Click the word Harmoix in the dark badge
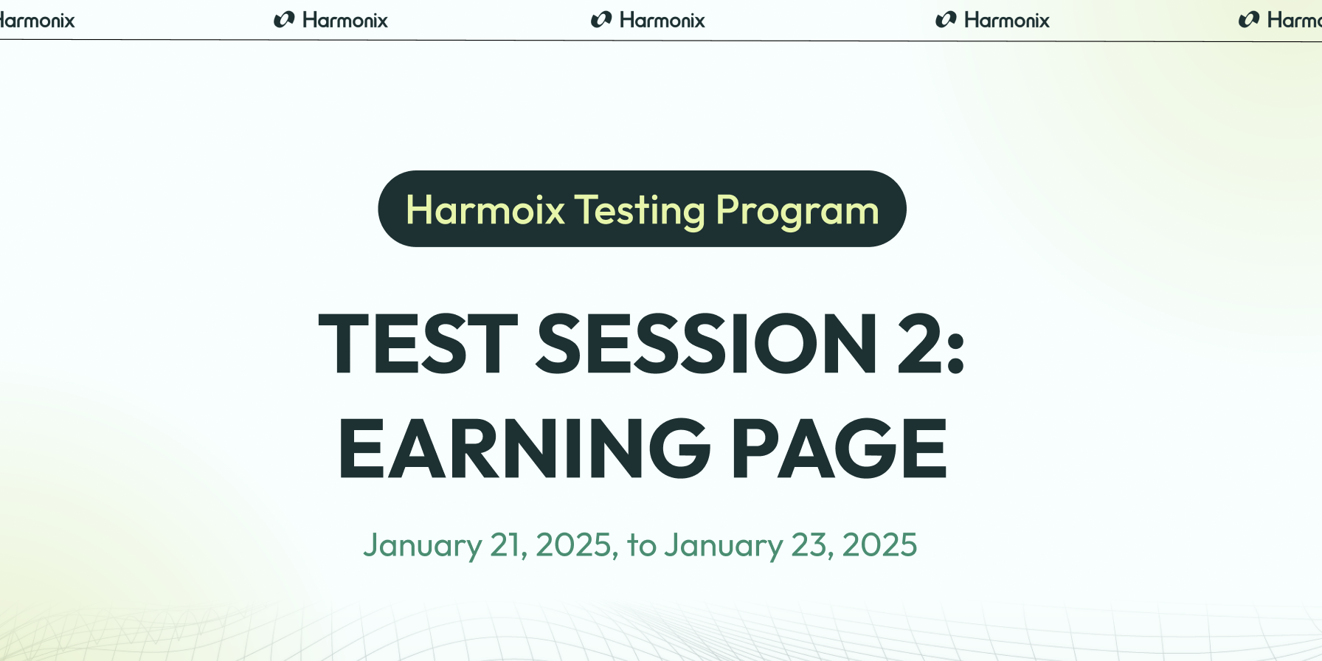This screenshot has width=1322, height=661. tap(485, 210)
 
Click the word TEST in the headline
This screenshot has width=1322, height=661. tap(418, 344)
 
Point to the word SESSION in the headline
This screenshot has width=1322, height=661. tap(707, 344)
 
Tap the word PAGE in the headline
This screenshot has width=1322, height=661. tap(839, 448)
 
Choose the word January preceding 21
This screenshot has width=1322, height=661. tap(422, 546)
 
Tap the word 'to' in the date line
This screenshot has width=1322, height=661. tap(642, 546)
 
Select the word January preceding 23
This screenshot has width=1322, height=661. tap(724, 546)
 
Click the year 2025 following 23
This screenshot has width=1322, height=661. tap(879, 545)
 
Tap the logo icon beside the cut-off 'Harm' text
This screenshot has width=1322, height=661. tap(1249, 20)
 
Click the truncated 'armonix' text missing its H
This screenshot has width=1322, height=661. tap(37, 21)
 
